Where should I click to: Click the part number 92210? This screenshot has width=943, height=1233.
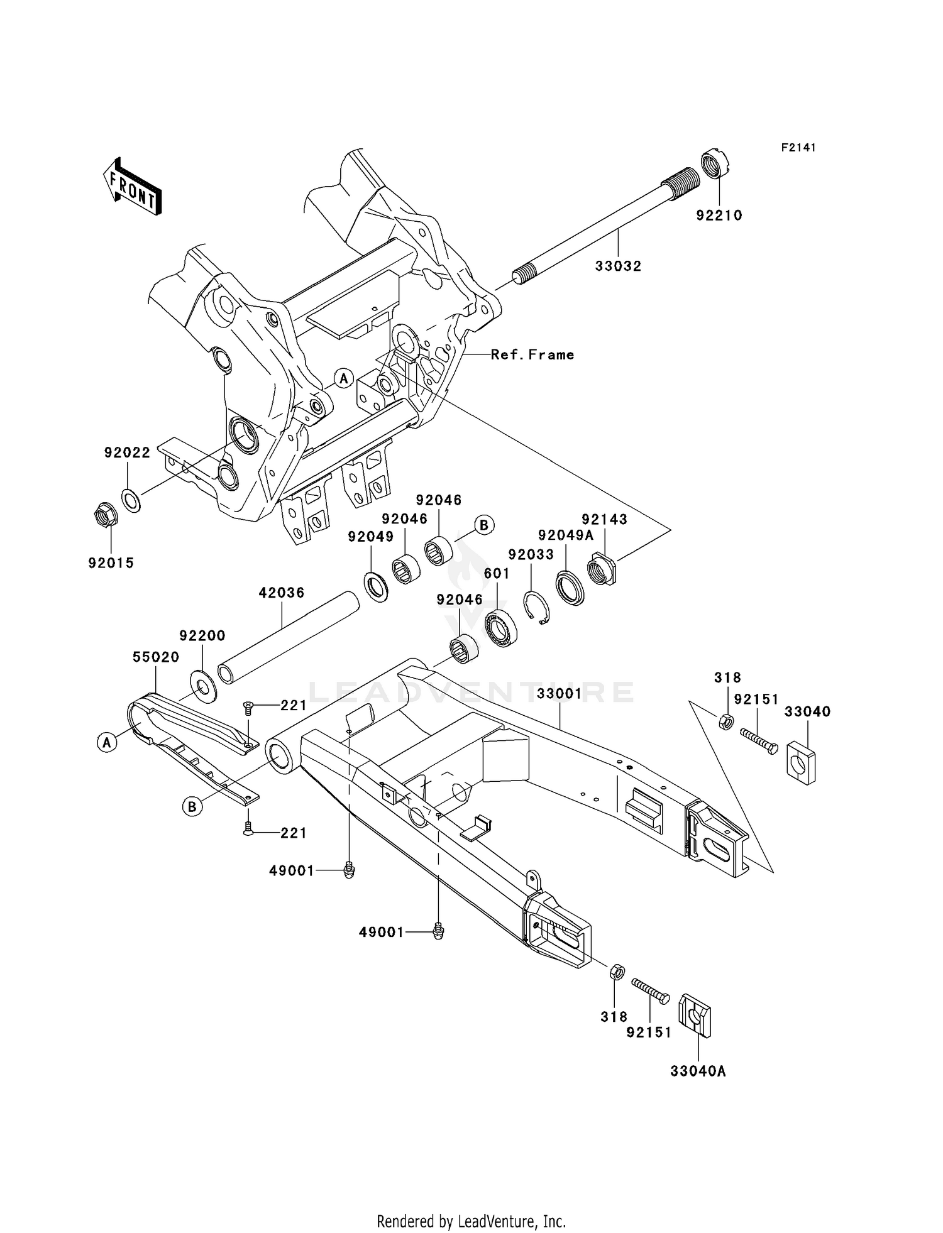coord(719,216)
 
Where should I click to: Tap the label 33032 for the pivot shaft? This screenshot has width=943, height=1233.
coord(618,266)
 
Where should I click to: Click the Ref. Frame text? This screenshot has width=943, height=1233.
coord(532,355)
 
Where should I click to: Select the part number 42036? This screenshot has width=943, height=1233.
coord(281,593)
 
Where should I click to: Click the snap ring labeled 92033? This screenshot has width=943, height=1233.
coord(536,608)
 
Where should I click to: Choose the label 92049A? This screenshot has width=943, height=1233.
coord(565,535)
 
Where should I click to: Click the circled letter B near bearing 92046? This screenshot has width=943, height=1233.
coord(483,525)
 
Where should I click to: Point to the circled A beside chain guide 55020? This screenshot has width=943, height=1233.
coord(107,742)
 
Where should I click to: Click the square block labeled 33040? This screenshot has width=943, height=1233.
coord(801,762)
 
